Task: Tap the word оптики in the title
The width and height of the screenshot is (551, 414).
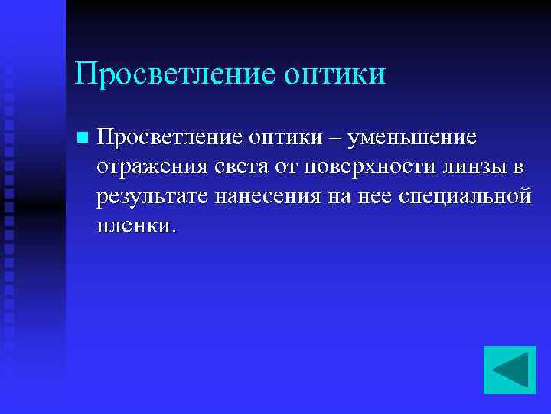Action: coord(334,74)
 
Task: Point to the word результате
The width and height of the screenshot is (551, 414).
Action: coord(153,197)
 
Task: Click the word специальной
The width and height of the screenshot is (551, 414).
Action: coord(465,197)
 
